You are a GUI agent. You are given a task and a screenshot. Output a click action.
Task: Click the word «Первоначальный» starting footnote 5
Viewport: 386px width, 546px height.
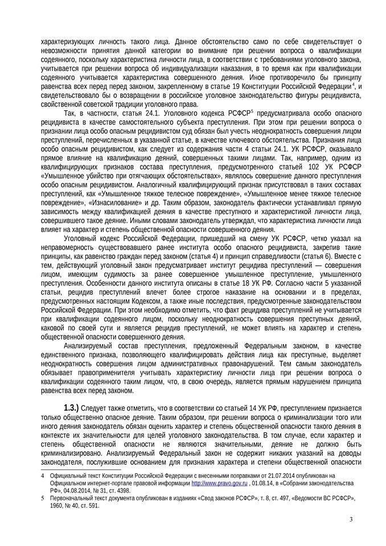pyautogui.click(x=72, y=497)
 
